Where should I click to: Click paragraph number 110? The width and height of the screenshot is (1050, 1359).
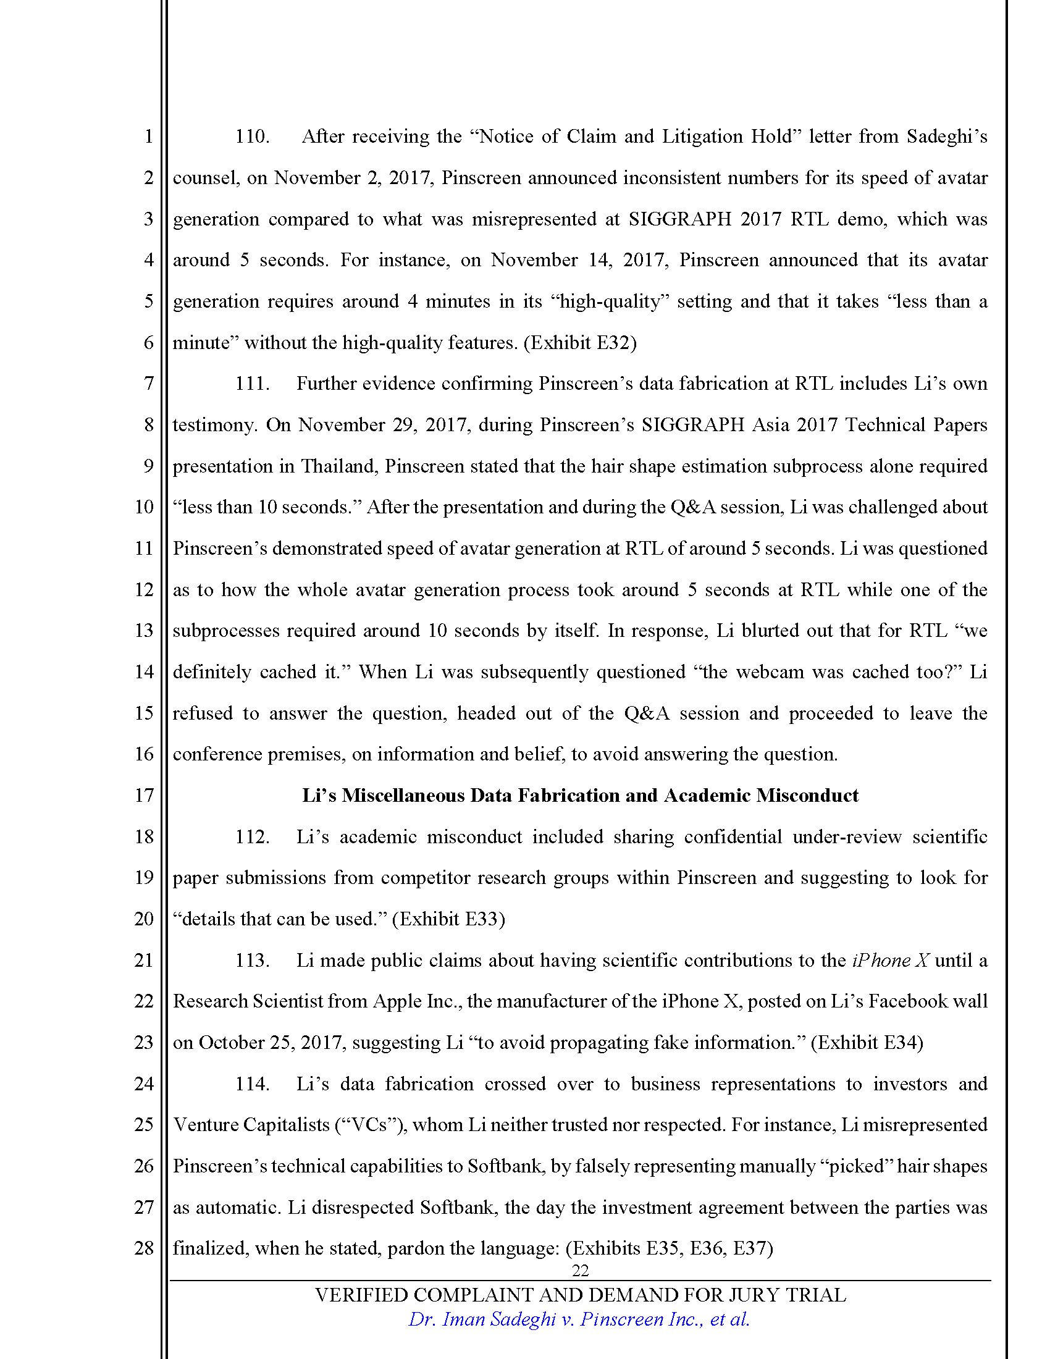252,137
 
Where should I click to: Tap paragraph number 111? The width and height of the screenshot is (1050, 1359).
252,384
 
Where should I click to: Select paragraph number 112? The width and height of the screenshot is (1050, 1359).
252,836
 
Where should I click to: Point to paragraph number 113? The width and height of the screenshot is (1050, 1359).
252,960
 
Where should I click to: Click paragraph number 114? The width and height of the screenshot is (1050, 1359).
252,1083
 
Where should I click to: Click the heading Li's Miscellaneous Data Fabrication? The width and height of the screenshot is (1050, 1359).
580,795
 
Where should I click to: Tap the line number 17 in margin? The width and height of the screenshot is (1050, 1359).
144,795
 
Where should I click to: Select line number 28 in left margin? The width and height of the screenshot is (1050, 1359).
144,1248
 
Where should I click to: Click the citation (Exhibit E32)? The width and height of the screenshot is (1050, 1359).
580,342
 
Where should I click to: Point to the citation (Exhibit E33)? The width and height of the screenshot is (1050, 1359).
448,919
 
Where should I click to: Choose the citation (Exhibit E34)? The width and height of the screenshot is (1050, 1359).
867,1042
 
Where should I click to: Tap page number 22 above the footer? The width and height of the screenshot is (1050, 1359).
580,1270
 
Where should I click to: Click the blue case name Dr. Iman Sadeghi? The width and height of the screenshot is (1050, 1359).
579,1319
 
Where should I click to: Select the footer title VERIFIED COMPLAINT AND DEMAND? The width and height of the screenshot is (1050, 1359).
580,1295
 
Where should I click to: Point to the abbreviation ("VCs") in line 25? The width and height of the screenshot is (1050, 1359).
371,1124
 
